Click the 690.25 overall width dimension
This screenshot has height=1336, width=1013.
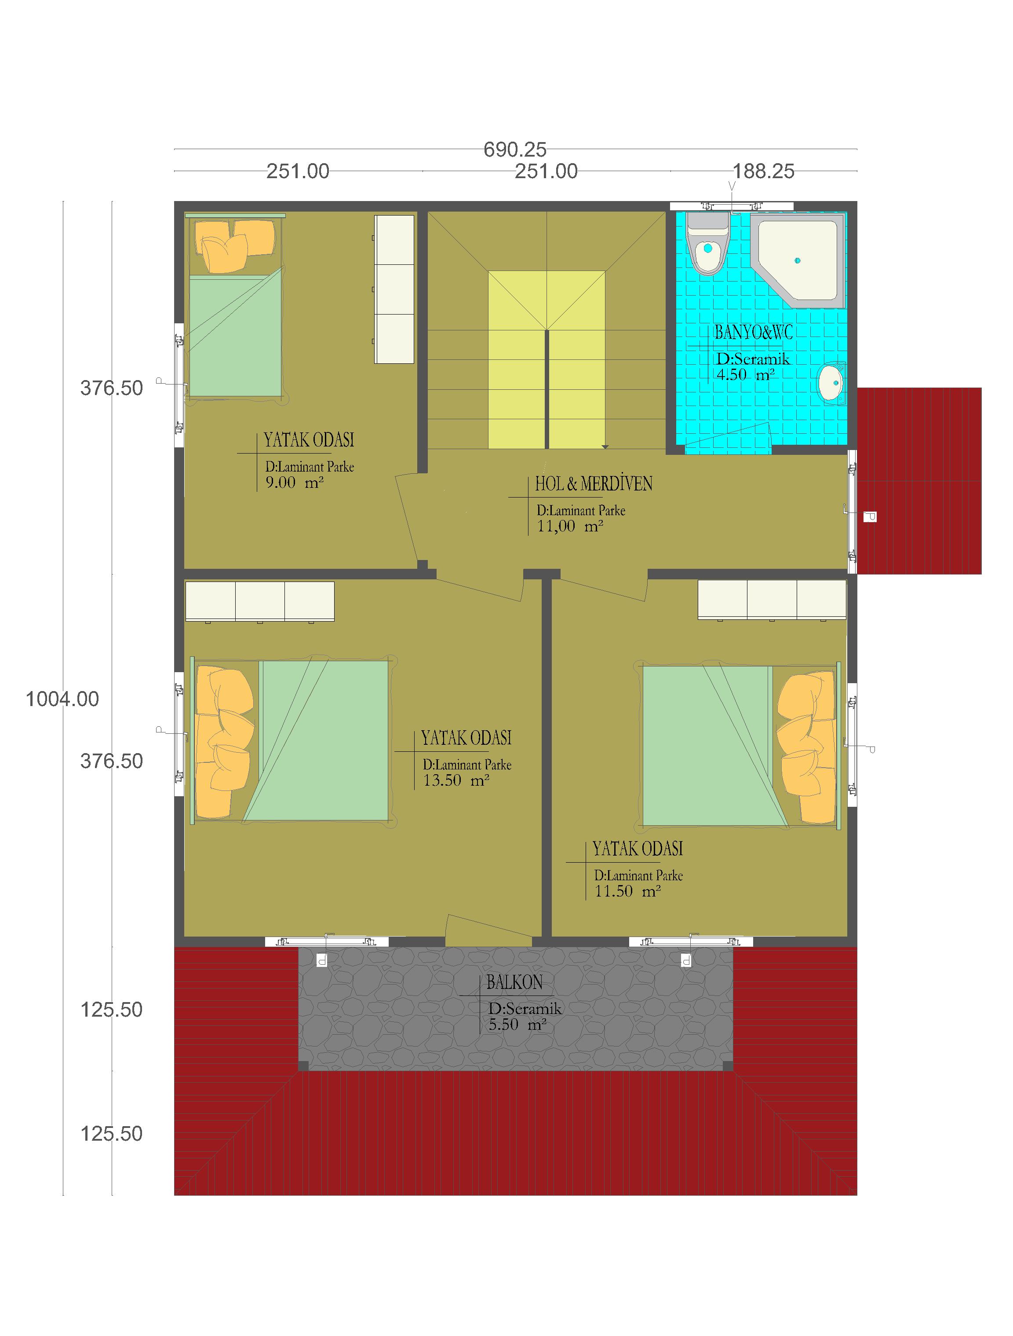(515, 149)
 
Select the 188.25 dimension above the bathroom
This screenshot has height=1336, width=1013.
(763, 172)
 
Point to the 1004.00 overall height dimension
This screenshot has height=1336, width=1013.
(62, 699)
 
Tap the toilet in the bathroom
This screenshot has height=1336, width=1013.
(708, 243)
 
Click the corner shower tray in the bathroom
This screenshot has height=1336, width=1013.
(796, 260)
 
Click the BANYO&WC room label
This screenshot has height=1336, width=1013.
(754, 332)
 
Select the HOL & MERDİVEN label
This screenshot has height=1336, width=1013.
(594, 484)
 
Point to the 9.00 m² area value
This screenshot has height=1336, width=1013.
(295, 483)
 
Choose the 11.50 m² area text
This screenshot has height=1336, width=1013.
(628, 891)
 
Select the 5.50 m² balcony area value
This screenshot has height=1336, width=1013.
(518, 1025)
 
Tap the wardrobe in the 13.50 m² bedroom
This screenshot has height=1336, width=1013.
(259, 601)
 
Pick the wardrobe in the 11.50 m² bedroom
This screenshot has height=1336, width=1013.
(772, 600)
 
